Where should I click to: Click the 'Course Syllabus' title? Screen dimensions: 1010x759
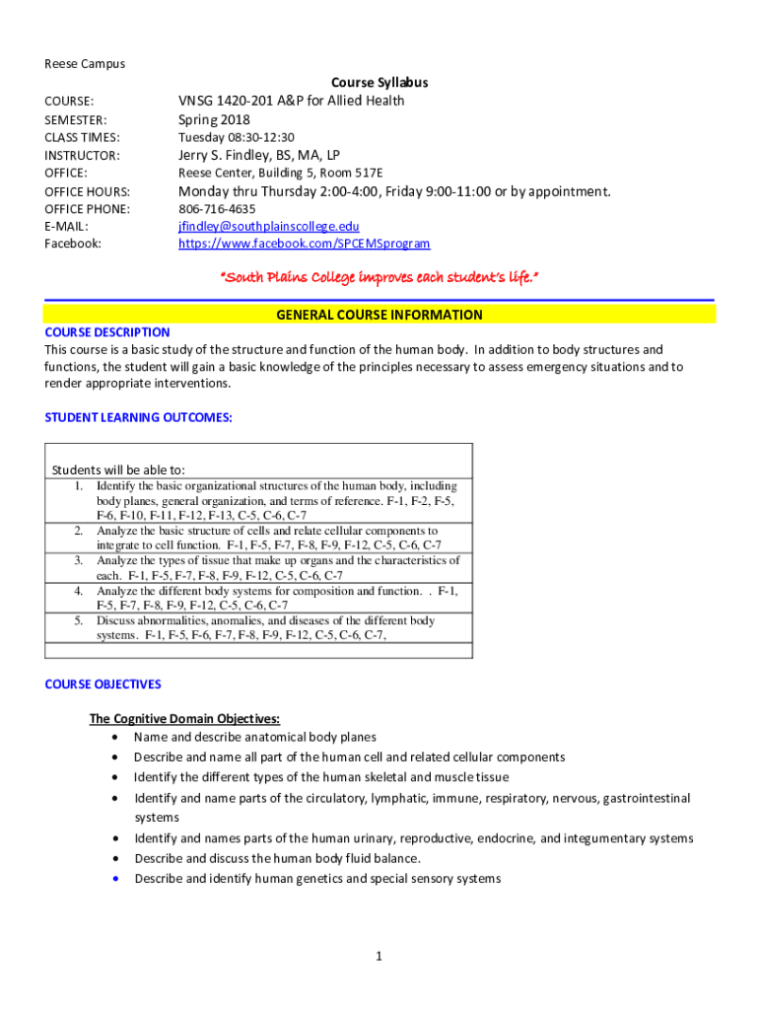coord(379,83)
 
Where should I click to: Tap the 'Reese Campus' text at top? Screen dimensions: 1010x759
coord(85,64)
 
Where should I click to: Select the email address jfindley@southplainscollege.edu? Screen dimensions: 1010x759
coord(261,226)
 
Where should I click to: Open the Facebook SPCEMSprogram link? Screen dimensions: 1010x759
coord(304,244)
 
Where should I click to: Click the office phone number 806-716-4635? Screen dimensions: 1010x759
coord(216,209)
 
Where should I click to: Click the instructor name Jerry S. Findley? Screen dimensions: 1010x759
coord(258,155)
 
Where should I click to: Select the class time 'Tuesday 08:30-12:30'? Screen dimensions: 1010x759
coord(236,137)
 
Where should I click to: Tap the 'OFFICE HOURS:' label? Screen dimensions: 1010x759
coord(88,191)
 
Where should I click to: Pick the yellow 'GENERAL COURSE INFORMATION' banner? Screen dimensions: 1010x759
coord(379,315)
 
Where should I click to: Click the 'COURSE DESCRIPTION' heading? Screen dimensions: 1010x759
coord(107,332)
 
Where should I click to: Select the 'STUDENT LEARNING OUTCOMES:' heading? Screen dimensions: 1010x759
coord(139,417)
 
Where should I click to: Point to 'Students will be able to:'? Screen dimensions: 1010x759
coord(118,469)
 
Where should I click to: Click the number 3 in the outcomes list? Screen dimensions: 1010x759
coord(78,560)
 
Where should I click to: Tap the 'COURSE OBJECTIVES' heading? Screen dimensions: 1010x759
coord(103,684)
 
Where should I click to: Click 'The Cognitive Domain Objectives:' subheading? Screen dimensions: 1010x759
coord(184,718)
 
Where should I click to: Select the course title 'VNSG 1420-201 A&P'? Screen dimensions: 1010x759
coord(291,101)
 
